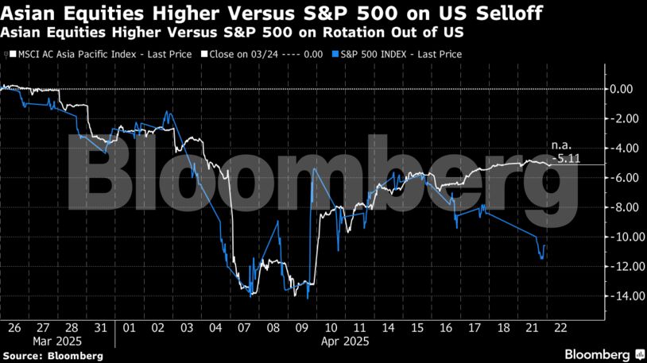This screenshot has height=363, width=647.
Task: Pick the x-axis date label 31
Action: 100,326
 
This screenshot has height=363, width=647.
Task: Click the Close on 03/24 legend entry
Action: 263,54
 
